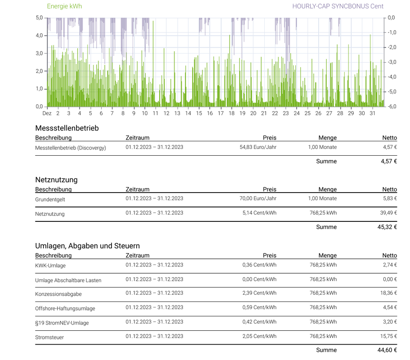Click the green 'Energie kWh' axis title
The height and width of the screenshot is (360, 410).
[x=64, y=6]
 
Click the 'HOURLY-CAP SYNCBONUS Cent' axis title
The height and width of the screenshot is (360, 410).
[x=338, y=6]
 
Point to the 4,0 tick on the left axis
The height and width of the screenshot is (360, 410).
[x=39, y=36]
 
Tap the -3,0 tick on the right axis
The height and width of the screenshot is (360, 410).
[x=392, y=62]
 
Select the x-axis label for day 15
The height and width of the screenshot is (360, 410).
[x=199, y=113]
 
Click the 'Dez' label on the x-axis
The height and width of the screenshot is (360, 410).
[x=47, y=113]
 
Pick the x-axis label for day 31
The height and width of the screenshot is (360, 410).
[x=372, y=113]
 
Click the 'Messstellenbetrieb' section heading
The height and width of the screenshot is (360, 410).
[x=67, y=128]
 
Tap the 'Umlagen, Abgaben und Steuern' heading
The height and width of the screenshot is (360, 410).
[x=87, y=246]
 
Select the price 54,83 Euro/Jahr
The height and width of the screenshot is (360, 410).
[x=258, y=147]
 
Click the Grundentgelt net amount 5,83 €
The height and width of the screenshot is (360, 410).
[x=390, y=198]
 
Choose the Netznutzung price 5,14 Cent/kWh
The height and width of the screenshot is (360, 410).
[x=259, y=213]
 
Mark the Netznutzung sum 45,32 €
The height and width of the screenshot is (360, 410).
[x=387, y=227]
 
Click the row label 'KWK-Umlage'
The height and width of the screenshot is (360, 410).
[x=50, y=265]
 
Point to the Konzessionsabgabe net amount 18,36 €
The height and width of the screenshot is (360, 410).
[x=388, y=293]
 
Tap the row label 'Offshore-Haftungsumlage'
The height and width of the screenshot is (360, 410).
[x=65, y=308]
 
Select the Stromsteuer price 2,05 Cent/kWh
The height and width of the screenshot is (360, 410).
[x=259, y=336]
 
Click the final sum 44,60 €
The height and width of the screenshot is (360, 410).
[x=387, y=350]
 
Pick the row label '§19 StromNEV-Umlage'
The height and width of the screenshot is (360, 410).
[x=62, y=323]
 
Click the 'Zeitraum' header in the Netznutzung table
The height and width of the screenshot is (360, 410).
[x=138, y=189]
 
